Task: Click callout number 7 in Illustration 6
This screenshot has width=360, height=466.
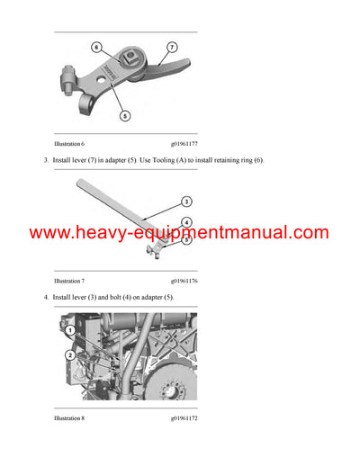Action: click(x=172, y=46)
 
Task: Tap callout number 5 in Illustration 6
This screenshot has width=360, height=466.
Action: click(x=124, y=115)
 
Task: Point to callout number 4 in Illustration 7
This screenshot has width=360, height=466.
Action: click(x=186, y=221)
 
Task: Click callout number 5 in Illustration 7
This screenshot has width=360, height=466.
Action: click(x=186, y=240)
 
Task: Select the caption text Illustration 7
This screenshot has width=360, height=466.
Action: click(x=73, y=281)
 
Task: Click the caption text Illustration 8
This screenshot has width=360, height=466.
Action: click(x=73, y=418)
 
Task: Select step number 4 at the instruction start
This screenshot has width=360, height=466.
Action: click(x=45, y=297)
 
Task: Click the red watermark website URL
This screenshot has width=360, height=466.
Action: click(x=180, y=233)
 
